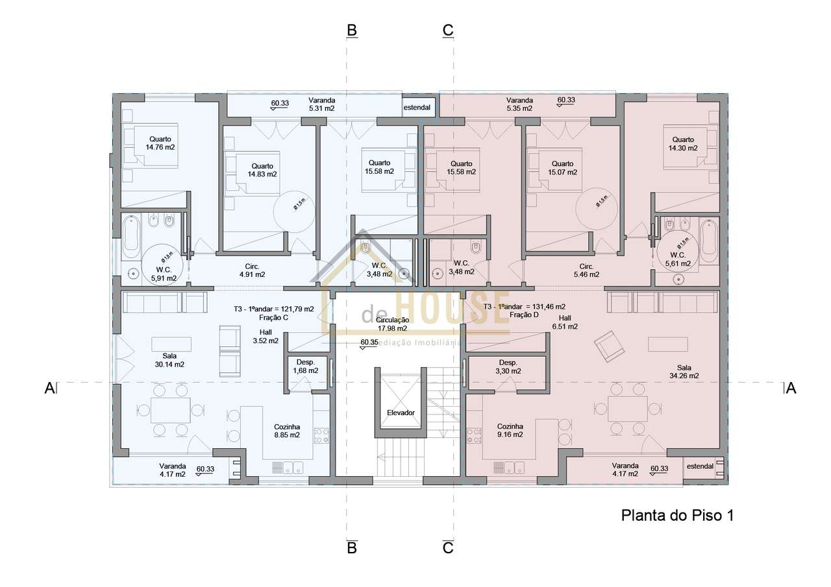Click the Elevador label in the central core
tap(401, 413)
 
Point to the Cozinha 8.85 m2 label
tap(286, 431)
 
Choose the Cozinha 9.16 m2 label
tap(510, 431)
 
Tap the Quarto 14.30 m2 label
tap(683, 144)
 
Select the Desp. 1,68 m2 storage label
tap(305, 366)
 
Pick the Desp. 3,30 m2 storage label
tap(508, 367)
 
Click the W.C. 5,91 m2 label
tap(164, 274)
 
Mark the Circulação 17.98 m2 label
tap(392, 324)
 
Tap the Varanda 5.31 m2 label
tap(321, 104)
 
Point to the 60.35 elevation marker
tap(369, 343)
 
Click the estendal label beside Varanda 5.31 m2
tap(417, 107)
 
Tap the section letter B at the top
tap(352, 30)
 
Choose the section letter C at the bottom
tap(448, 548)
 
